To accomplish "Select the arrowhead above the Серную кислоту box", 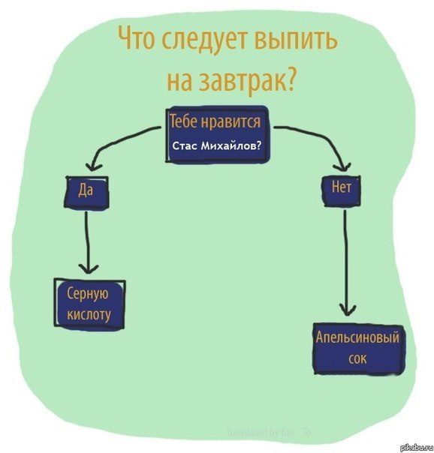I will (x=89, y=268).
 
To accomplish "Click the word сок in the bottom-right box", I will (x=357, y=359).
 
